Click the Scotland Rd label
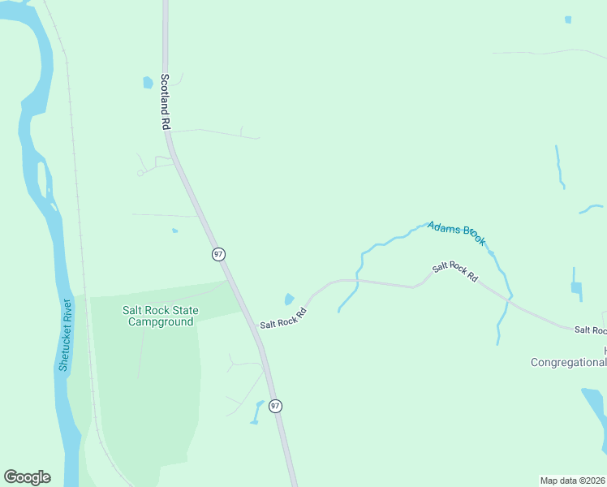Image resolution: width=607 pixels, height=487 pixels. (x=165, y=102)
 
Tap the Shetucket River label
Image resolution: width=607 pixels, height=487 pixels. (x=65, y=335)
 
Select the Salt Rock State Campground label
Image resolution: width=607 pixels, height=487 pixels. (x=160, y=316)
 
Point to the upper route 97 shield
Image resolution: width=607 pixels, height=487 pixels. (x=218, y=254)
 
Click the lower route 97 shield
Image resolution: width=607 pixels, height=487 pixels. (x=275, y=405)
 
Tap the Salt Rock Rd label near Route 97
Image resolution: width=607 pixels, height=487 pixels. (x=283, y=317)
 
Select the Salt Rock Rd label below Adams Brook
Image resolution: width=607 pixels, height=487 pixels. (x=455, y=271)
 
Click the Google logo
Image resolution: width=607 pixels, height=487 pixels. (x=27, y=477)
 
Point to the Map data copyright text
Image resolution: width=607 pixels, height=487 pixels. (x=572, y=481)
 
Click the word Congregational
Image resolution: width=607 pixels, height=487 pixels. (x=568, y=363)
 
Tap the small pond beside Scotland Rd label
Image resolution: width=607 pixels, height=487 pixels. (x=148, y=82)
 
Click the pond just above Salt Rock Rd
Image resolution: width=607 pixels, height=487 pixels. (x=289, y=300)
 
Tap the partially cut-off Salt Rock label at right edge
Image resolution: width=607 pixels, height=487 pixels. (x=590, y=330)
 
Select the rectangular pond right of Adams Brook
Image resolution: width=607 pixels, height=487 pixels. (x=575, y=287)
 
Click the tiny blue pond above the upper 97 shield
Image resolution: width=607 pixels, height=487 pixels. (x=174, y=231)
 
